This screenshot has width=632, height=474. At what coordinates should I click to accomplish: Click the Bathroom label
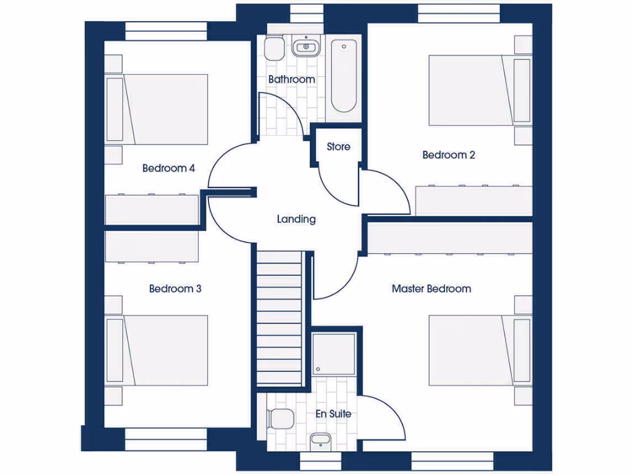(291, 80)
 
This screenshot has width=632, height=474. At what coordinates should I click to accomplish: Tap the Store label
(338, 147)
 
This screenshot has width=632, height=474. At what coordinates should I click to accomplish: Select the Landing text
(296, 219)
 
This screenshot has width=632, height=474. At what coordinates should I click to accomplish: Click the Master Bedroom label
(431, 289)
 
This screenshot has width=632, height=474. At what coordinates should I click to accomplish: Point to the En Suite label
(333, 414)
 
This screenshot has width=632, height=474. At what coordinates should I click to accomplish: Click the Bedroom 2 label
(449, 155)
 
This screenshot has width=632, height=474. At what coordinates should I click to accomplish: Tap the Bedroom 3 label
(175, 289)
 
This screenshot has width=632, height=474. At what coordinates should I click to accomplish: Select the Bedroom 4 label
(168, 168)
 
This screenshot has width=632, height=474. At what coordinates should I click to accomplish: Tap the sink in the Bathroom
(305, 46)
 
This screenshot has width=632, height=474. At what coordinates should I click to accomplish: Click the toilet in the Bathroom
(273, 48)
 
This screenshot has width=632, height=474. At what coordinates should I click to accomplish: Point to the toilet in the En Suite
(280, 420)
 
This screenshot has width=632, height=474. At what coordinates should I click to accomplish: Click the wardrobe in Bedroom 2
(473, 201)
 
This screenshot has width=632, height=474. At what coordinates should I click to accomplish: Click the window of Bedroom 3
(165, 439)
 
